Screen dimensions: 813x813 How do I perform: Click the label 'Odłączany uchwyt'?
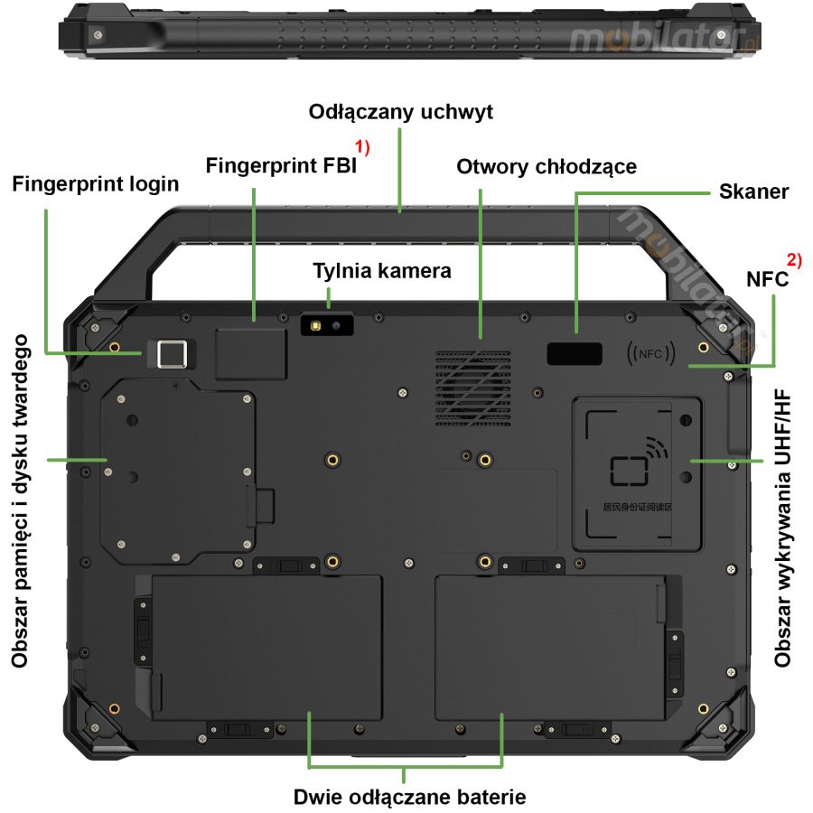click(401, 112)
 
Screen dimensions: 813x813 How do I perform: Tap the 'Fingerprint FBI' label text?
click(281, 166)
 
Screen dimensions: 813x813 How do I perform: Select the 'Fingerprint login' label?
click(96, 183)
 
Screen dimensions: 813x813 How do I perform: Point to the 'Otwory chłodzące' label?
click(547, 166)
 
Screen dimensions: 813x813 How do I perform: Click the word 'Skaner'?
click(754, 192)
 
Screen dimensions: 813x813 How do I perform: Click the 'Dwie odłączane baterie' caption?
click(409, 797)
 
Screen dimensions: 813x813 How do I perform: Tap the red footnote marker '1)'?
click(362, 145)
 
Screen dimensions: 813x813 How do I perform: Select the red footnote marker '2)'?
click(794, 260)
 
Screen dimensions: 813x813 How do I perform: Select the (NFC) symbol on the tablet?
click(649, 353)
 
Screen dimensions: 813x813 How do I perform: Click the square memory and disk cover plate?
click(177, 470)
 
